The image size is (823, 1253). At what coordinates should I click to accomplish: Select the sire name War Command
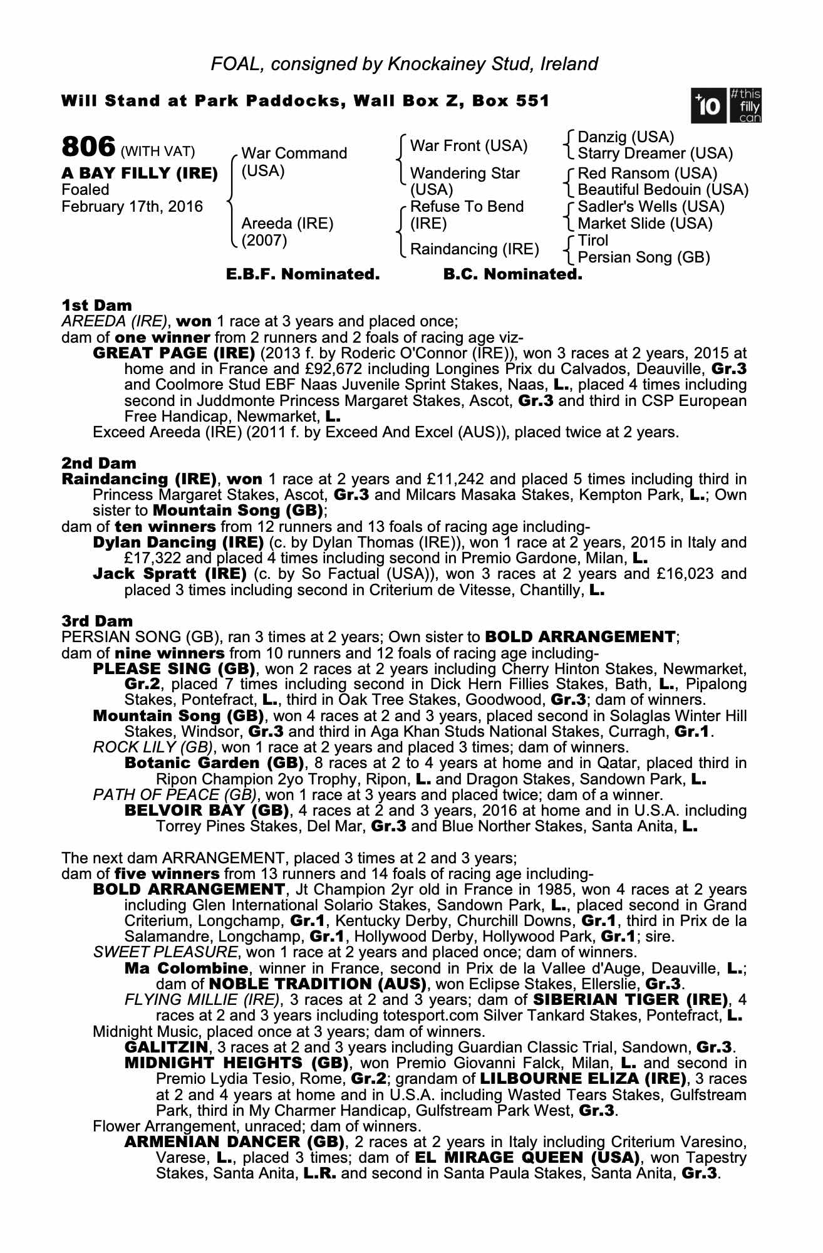tap(294, 153)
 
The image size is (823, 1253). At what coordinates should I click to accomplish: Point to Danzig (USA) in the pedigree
tap(625, 137)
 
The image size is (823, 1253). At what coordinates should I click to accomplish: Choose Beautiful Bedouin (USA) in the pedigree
tap(663, 189)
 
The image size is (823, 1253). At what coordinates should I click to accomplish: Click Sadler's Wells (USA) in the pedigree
tap(651, 207)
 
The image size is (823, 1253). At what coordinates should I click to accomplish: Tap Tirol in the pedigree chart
tap(593, 241)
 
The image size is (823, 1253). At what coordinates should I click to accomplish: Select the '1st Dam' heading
tap(96, 306)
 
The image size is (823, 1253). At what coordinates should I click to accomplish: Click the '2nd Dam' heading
tap(98, 464)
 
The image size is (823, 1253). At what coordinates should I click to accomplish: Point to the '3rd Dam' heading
tap(97, 621)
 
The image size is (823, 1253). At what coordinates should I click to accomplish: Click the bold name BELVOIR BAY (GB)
tap(207, 811)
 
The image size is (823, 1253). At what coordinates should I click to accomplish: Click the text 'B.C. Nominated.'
tap(512, 274)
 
